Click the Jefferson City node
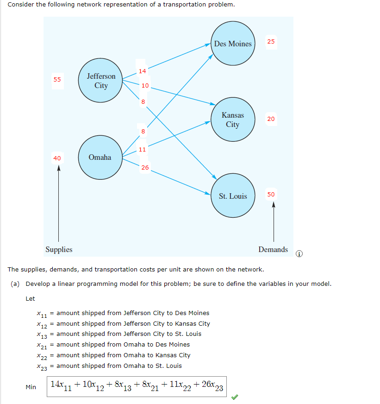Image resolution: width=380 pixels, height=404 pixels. (x=100, y=81)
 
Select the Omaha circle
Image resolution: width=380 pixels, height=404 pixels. (x=100, y=158)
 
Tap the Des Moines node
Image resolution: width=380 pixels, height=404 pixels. (x=232, y=44)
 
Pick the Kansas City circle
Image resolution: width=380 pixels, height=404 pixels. (x=232, y=120)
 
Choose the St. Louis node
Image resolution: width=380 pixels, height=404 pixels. (x=232, y=196)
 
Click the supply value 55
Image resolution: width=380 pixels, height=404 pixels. (x=57, y=79)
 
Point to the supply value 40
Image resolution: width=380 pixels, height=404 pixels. (x=57, y=158)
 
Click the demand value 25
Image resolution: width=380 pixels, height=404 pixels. (x=271, y=42)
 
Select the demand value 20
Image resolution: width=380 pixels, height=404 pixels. (x=271, y=119)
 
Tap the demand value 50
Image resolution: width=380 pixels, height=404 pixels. (x=271, y=194)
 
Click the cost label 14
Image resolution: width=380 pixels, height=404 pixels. (x=142, y=71)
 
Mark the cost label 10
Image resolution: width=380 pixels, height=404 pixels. (x=145, y=85)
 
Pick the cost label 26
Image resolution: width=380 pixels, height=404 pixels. (x=145, y=167)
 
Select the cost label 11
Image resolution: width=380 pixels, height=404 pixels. (x=142, y=149)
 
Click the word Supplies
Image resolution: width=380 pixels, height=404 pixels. (x=59, y=249)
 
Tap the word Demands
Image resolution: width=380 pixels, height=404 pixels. (x=273, y=249)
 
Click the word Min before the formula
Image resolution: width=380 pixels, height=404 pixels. (x=31, y=387)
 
